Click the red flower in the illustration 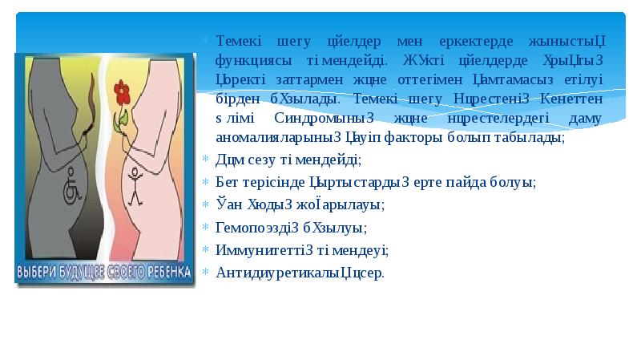point(123,91)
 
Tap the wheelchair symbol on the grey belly point(70,191)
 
